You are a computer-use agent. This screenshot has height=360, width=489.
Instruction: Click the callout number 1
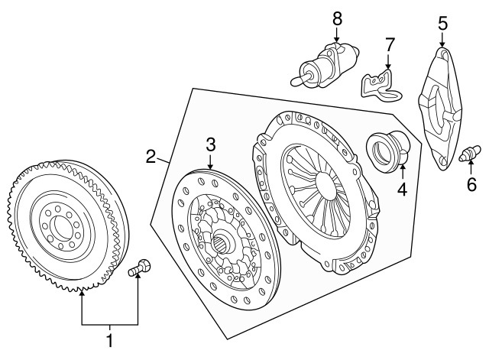(109, 341)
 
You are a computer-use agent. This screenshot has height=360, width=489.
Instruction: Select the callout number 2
(151, 157)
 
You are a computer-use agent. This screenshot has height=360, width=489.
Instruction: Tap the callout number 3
(211, 144)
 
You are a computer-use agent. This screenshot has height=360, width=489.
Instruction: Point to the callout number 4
(403, 190)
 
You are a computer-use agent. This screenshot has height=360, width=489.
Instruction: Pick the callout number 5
(443, 24)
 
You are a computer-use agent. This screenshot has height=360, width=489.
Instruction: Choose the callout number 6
(471, 184)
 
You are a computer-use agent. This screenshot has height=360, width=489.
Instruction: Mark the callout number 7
(390, 44)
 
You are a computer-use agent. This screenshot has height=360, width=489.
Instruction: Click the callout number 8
(337, 18)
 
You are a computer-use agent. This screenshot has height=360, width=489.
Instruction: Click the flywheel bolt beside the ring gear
(139, 268)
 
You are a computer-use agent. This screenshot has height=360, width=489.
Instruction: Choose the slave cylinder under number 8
(325, 65)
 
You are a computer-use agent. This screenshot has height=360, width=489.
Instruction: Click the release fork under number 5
(439, 109)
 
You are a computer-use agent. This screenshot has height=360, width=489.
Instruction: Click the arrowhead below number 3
(211, 167)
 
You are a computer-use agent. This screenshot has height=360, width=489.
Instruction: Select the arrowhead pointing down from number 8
(337, 39)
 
